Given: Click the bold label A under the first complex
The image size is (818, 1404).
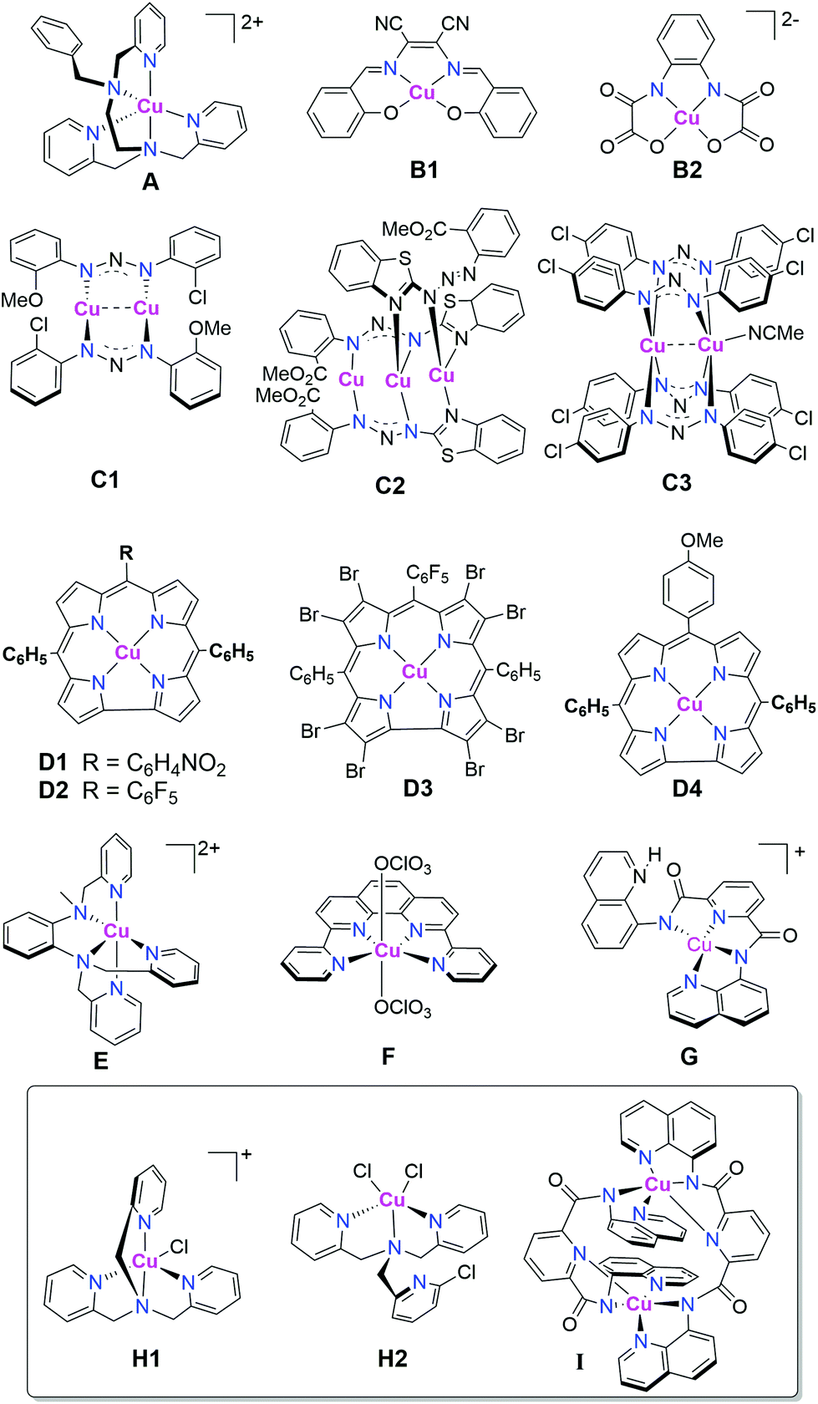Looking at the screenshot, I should pos(150,181).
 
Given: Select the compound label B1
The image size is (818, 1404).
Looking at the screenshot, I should pos(424,170).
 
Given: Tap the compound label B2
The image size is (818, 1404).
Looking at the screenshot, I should pos(687,170).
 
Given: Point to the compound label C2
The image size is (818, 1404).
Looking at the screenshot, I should pos(389,486).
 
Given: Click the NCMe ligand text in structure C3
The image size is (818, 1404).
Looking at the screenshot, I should pos(775,333).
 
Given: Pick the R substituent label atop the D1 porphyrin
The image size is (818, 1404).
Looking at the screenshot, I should pos(126,552).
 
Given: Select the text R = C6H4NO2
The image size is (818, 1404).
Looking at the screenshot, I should pos(154,763).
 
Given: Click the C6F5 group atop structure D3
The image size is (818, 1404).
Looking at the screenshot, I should pos(427,574).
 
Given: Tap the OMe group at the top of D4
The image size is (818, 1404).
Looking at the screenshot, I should pos(702,541).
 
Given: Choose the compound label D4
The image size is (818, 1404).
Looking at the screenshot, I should pos(687,788).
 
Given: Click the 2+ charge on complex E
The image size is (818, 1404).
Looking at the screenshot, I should pos(209,849).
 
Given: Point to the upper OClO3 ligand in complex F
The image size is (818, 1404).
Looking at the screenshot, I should pos(403,864).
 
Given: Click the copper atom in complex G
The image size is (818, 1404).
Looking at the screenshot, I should pos(699,945).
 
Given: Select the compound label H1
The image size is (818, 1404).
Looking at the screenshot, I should pos(146,1358).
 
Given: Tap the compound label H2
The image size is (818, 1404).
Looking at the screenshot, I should pos(392,1358).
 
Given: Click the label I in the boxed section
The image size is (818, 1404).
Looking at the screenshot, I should pos(579,1362).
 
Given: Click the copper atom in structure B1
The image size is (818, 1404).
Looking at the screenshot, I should pos(423,92).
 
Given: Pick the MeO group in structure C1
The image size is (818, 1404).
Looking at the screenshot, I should pos(22,298).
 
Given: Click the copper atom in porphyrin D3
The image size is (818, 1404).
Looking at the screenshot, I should pos(415,672).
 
